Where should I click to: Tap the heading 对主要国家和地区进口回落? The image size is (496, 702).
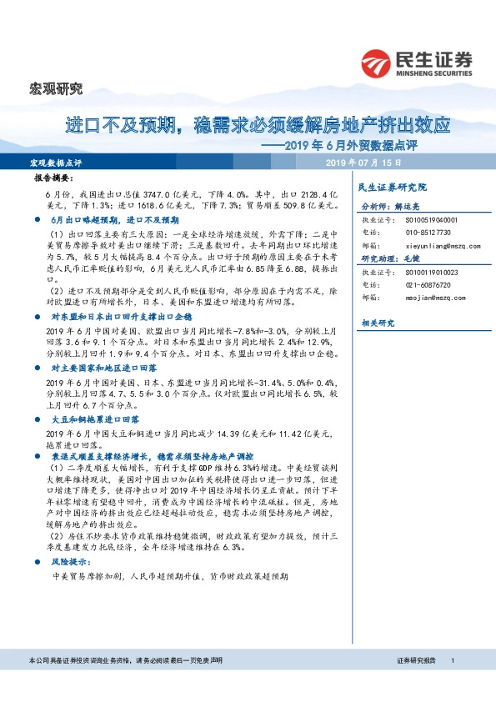(108, 367)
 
